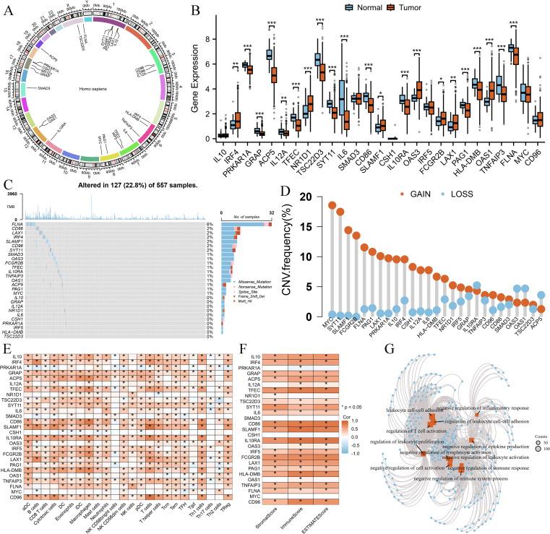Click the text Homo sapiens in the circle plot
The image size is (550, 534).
click(96, 88)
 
